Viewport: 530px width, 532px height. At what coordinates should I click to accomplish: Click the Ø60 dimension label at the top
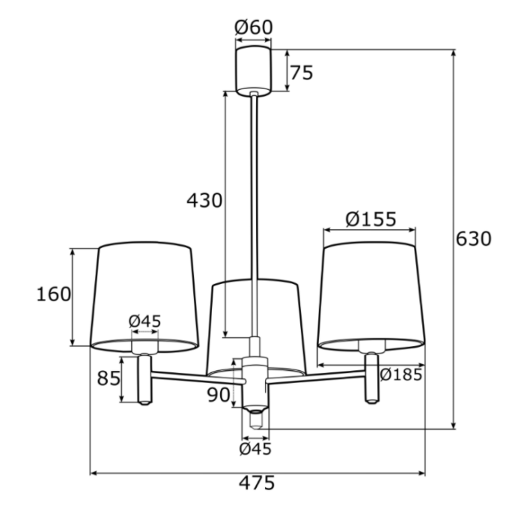[254, 27]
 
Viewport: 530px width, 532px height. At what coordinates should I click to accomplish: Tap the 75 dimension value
[301, 73]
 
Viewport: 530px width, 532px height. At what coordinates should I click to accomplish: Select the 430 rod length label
[204, 200]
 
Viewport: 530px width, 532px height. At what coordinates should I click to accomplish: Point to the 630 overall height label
[473, 238]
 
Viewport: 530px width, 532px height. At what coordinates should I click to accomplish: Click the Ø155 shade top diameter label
[371, 219]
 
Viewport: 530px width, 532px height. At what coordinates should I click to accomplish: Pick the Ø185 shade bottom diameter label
[401, 375]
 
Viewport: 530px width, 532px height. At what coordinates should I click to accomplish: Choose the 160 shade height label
[54, 294]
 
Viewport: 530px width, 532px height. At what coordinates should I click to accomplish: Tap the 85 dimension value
[109, 378]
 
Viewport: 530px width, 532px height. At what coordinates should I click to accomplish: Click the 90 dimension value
[219, 395]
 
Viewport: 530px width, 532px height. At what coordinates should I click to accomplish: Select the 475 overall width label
[257, 483]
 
